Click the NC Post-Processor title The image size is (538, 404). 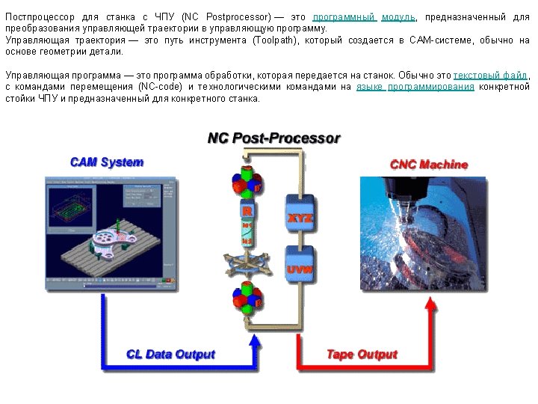tap(273, 138)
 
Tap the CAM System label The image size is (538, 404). tap(107, 162)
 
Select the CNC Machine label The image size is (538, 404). tap(429, 164)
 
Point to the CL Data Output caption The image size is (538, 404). tap(171, 355)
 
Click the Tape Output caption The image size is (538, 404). tap(362, 354)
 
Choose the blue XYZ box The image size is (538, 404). tap(300, 218)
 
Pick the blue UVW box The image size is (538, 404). tap(300, 269)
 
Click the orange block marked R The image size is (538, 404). tap(246, 211)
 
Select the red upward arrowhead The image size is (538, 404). tap(431, 304)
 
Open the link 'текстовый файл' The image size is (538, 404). tap(490, 76)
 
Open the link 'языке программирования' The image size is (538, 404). tap(415, 87)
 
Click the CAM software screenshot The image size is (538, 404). tap(111, 233)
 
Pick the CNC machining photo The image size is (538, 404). tap(423, 233)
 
